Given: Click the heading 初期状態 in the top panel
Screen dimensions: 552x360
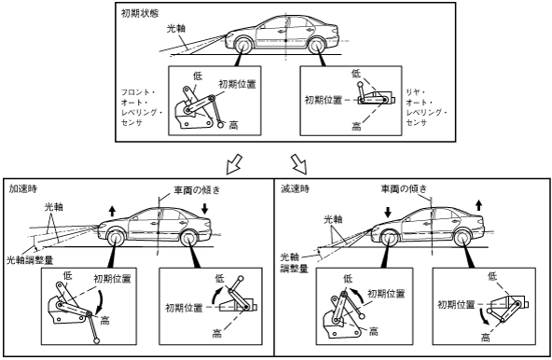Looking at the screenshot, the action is click(x=140, y=13).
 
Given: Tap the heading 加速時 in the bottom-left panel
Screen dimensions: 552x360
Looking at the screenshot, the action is click(x=23, y=188).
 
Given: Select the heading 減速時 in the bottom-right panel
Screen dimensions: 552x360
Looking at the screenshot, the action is click(x=295, y=188).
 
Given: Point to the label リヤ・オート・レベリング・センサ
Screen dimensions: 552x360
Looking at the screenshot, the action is click(x=426, y=107).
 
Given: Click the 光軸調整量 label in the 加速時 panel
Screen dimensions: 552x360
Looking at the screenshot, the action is click(x=30, y=260).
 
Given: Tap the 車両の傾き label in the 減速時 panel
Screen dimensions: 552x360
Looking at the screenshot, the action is click(x=404, y=188).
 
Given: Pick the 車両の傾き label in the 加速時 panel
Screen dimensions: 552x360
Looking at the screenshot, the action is click(x=197, y=190).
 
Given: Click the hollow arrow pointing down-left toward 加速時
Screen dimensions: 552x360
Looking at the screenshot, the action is click(x=234, y=163).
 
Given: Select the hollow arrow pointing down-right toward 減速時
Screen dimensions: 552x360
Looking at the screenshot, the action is click(x=299, y=164).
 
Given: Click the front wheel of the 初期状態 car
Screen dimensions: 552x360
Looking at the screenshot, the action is click(x=243, y=46).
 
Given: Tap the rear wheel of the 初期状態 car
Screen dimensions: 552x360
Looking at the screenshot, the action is click(x=316, y=46).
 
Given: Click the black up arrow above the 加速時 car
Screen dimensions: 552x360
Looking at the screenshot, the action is click(x=112, y=211).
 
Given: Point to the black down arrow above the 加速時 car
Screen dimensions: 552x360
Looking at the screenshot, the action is click(x=204, y=209).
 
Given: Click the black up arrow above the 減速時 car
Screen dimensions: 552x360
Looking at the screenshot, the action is click(x=478, y=205).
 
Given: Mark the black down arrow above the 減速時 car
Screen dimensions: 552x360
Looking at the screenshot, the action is click(x=388, y=212).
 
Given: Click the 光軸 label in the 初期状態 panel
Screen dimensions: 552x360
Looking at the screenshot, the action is click(x=175, y=29).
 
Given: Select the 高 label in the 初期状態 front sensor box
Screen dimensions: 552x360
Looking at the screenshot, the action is click(x=233, y=125).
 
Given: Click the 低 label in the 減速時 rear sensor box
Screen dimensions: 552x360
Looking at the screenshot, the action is click(x=492, y=276).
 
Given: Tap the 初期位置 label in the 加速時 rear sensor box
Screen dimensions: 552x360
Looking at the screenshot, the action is click(x=184, y=308).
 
